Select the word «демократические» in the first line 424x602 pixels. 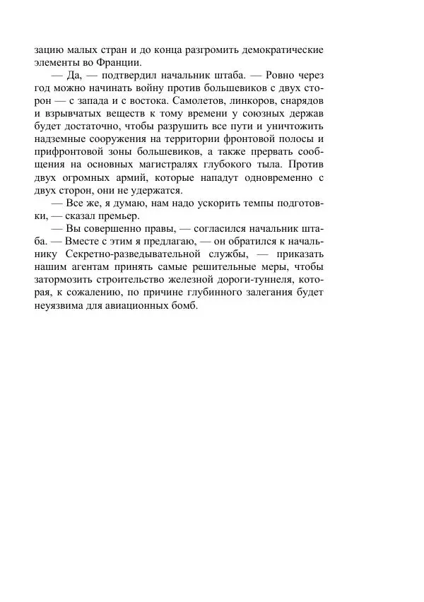tap(282, 50)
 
